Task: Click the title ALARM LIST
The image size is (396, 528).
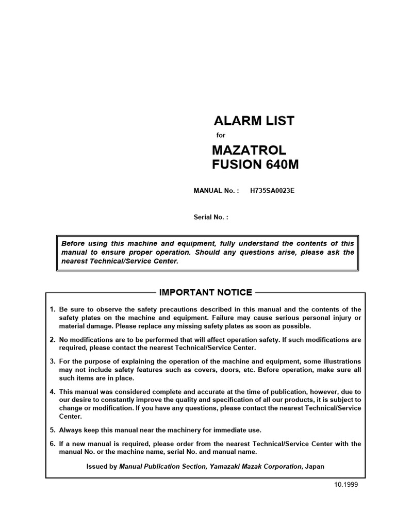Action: pos(254,121)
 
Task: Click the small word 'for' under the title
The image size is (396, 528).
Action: pos(221,136)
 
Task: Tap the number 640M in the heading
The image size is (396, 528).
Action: pos(282,165)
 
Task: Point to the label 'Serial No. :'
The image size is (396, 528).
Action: pos(210,218)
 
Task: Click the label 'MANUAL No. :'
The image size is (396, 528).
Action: pos(216,191)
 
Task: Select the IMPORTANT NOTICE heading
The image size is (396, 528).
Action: pos(206,293)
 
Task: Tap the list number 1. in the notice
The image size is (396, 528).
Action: pos(53,309)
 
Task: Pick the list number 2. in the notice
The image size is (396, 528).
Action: pos(53,340)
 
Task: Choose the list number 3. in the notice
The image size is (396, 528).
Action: pos(53,361)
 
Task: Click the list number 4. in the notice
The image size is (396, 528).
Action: pos(53,392)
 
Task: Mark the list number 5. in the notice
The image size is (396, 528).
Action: pos(53,430)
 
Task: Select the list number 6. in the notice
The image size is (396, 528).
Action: pos(53,444)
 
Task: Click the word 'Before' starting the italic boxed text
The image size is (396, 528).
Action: pos(72,243)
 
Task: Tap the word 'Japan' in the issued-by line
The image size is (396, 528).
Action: pos(315,466)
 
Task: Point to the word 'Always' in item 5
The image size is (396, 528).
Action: pos(71,430)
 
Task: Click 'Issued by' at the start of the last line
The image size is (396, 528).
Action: pos(102,466)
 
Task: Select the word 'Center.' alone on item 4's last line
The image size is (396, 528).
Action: pos(70,416)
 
